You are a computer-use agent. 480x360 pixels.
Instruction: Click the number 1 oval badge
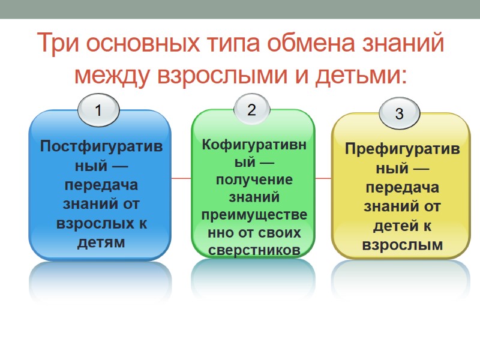[99, 110]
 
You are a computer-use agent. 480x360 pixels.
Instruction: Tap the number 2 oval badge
[252, 109]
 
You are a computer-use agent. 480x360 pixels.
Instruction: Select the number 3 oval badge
[399, 115]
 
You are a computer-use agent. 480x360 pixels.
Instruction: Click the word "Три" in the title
[58, 44]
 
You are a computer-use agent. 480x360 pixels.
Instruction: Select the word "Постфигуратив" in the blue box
[100, 146]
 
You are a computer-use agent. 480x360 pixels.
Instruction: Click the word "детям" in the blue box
[101, 242]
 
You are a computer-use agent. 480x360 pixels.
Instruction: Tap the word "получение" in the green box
[252, 179]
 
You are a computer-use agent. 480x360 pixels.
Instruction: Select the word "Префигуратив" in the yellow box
[402, 148]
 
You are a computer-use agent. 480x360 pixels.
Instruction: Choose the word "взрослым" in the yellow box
[402, 245]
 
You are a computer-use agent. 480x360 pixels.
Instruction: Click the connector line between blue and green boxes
[181, 178]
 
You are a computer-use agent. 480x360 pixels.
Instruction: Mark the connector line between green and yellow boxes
[323, 178]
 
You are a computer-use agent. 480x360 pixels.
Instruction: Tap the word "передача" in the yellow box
[402, 187]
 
